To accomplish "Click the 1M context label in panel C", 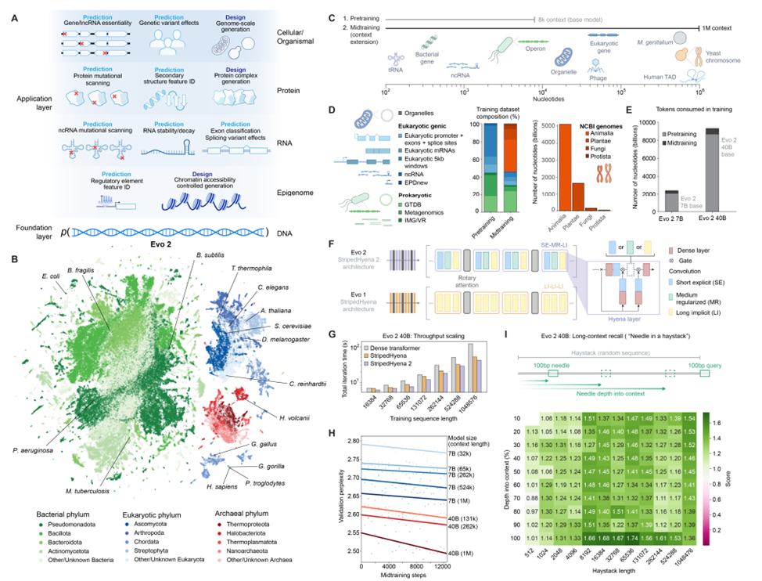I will pos(711,27).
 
